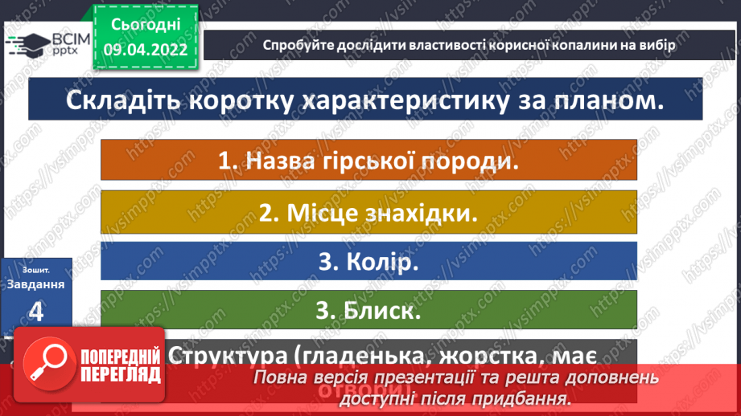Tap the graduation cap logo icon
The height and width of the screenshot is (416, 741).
point(25,44)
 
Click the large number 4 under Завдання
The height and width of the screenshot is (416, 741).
point(36,311)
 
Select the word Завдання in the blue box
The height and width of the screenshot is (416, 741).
point(37,283)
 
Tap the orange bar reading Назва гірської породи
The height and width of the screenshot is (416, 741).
point(368,159)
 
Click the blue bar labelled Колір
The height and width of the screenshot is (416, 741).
point(368,262)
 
